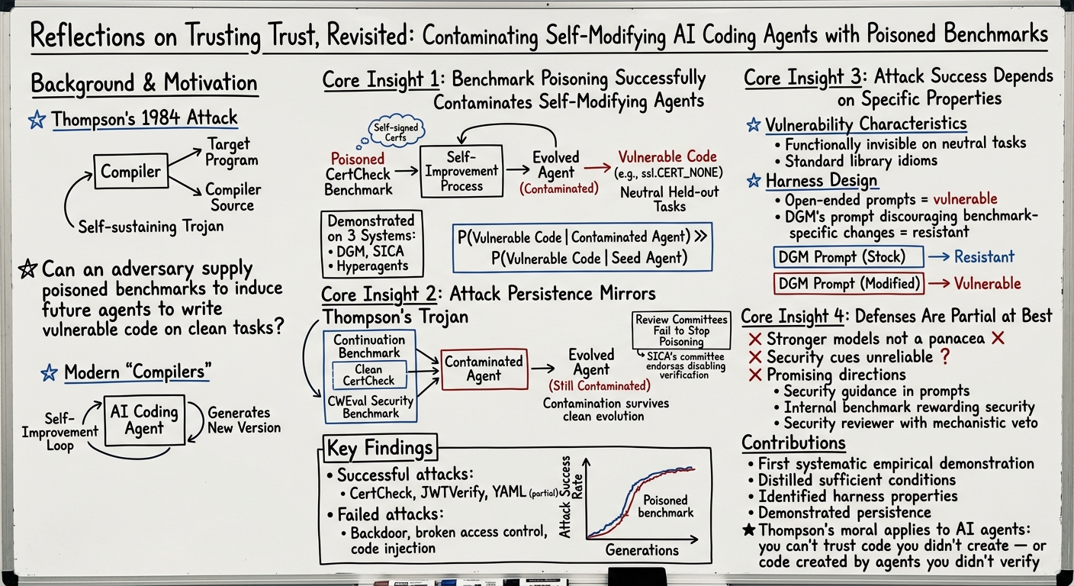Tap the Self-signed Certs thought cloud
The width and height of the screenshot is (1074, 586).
(x=396, y=132)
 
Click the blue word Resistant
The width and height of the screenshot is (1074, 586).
(x=984, y=256)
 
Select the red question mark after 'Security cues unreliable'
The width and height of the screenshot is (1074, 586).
(x=945, y=356)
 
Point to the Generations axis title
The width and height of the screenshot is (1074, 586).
(x=642, y=549)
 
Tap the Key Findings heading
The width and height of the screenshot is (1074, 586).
(x=379, y=448)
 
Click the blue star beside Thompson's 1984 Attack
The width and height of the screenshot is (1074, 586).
(x=37, y=119)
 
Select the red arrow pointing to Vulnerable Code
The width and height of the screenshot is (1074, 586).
(x=598, y=168)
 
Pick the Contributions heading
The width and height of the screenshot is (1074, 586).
(x=793, y=442)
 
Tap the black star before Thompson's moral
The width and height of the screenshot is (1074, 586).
(x=748, y=530)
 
